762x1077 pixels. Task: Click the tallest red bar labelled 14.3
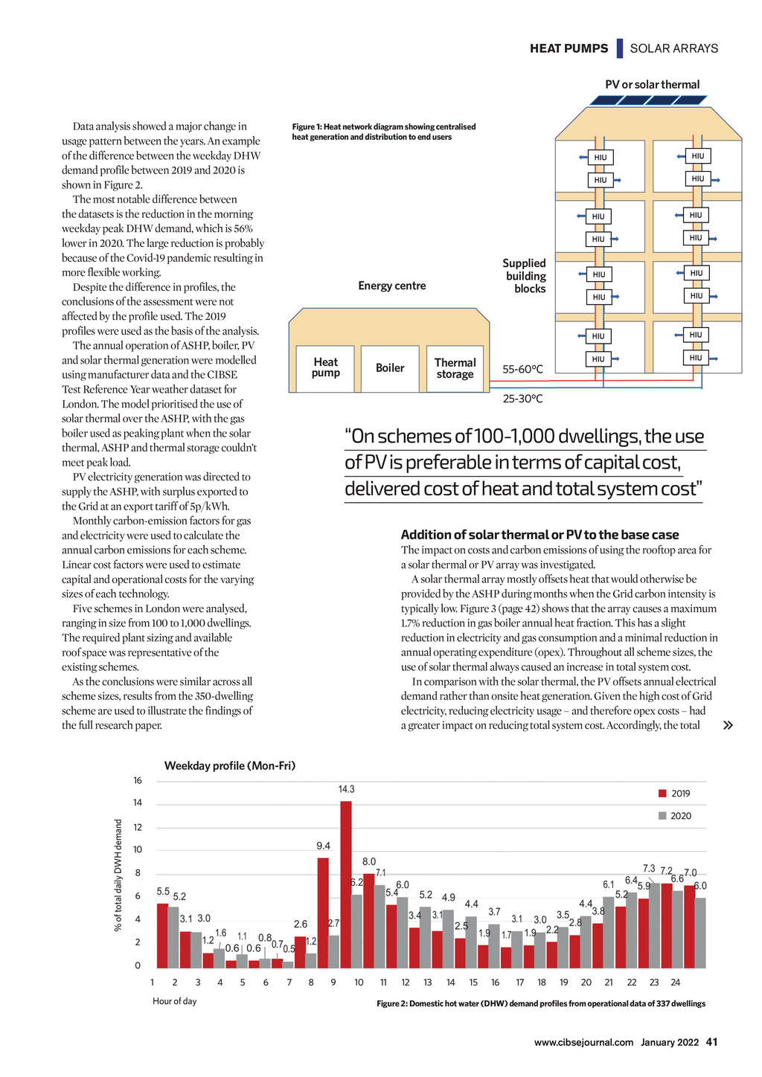(346, 884)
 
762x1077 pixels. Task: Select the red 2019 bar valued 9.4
(323, 912)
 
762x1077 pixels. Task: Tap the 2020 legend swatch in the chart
(662, 816)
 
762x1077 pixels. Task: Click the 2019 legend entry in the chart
(674, 794)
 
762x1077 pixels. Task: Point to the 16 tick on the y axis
(138, 781)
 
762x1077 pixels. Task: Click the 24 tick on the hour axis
(676, 983)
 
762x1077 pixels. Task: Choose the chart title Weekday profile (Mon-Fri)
(230, 766)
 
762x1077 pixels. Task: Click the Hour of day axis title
(175, 1001)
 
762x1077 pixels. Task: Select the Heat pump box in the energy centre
(325, 368)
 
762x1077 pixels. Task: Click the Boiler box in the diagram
(390, 368)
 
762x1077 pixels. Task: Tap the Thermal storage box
(455, 368)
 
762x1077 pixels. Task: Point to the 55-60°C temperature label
(522, 370)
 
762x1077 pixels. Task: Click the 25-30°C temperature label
(522, 399)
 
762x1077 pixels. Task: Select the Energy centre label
(392, 286)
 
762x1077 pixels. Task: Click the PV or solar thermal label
(652, 85)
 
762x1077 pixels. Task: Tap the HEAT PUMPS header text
(569, 48)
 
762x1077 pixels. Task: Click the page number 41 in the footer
(711, 1042)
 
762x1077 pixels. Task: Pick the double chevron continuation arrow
(728, 725)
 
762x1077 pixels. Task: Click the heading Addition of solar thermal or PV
(540, 535)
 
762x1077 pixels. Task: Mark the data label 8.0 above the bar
(369, 862)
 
